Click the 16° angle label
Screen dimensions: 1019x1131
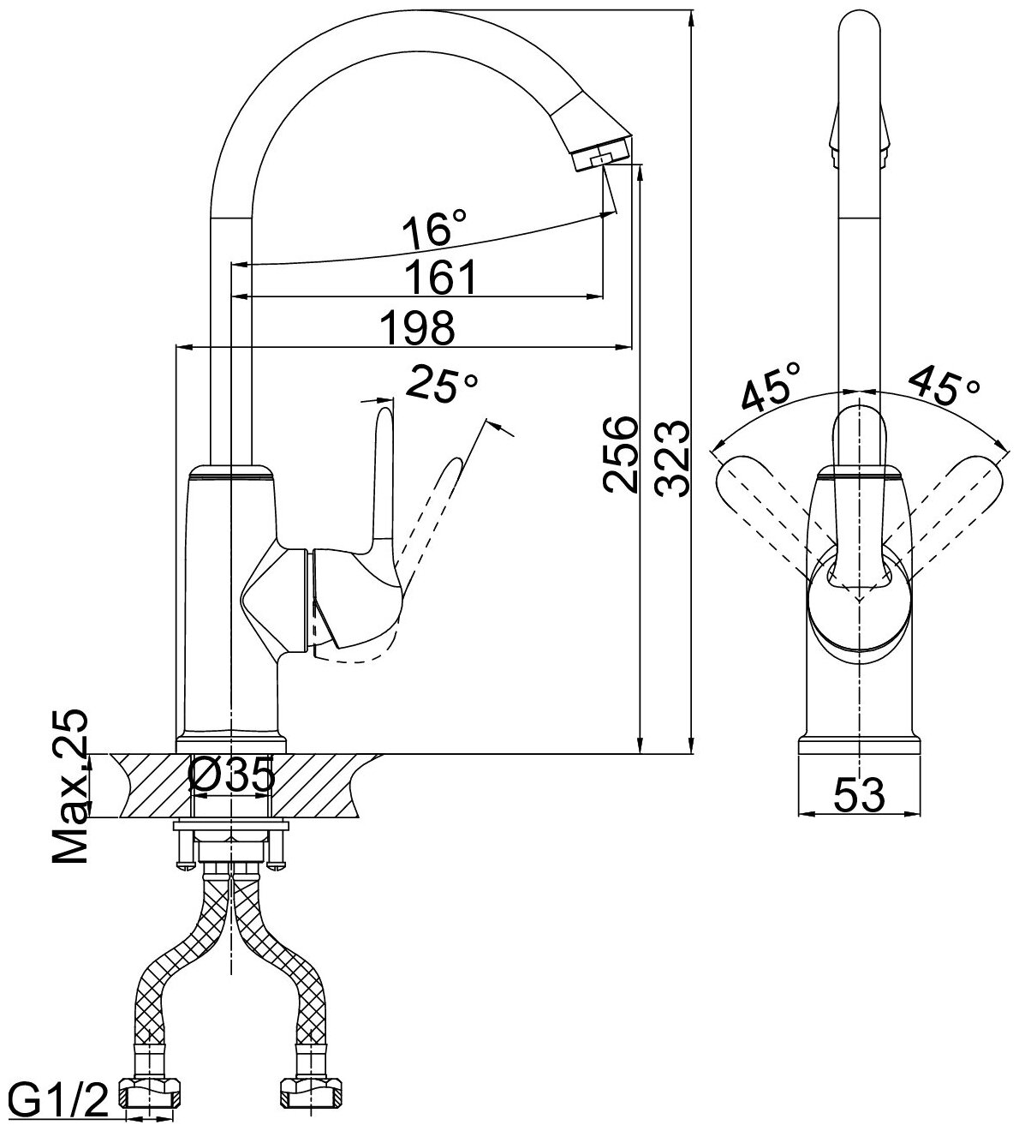click(x=435, y=230)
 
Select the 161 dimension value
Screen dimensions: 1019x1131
click(x=439, y=277)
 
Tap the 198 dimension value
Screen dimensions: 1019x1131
click(x=417, y=326)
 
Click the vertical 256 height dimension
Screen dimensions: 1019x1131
click(x=619, y=454)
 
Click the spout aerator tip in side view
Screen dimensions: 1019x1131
click(x=605, y=153)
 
